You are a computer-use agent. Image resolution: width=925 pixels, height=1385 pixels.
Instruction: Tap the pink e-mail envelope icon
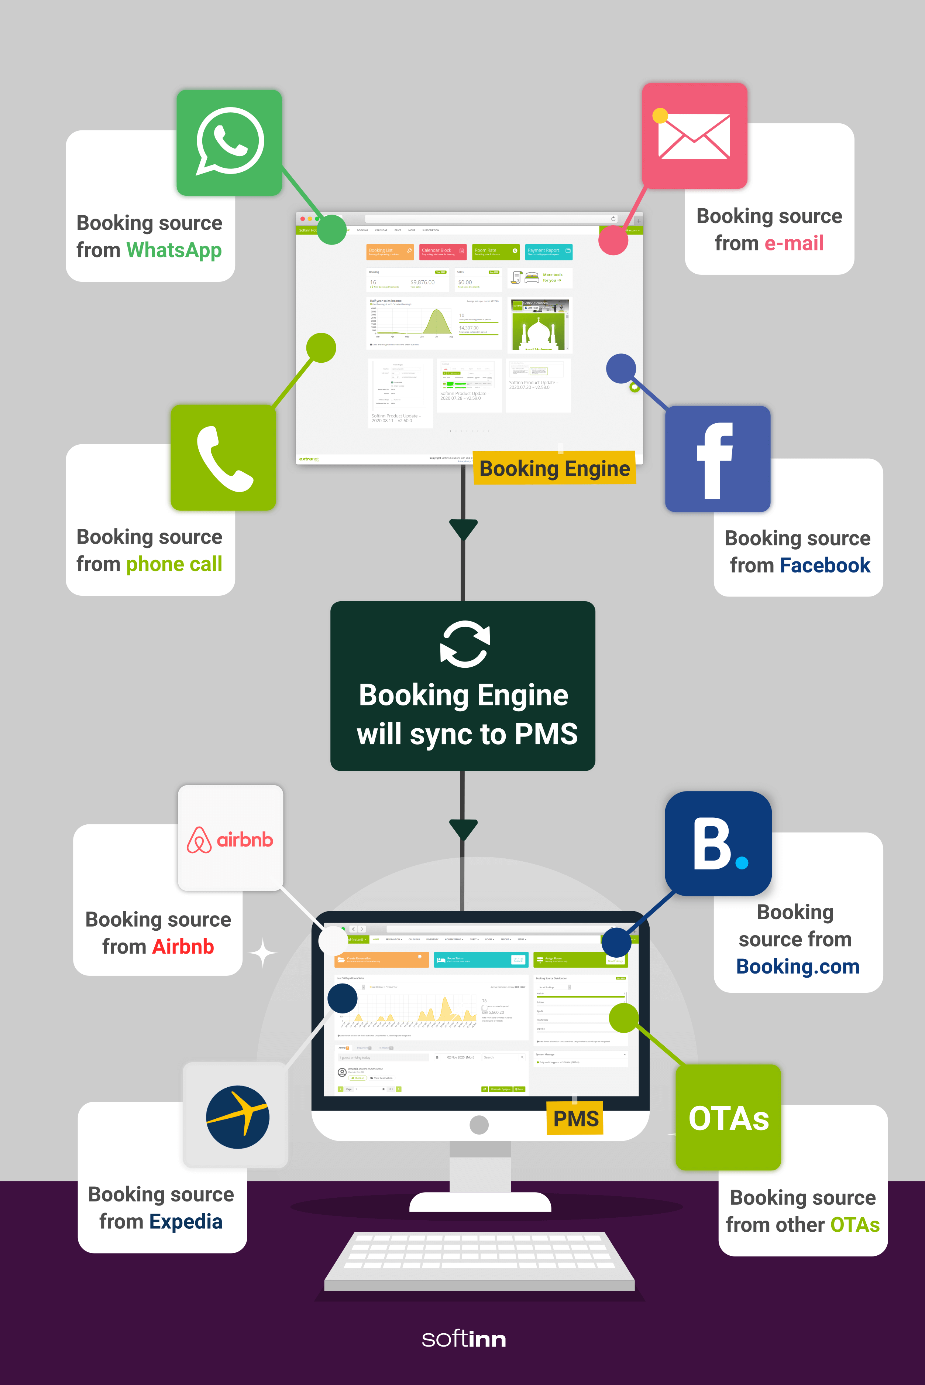694,135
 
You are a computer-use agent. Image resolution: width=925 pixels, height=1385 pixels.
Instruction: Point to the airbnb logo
230,838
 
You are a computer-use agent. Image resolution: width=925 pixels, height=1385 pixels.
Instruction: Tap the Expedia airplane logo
237,1116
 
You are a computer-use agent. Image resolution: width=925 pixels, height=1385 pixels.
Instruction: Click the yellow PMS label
575,1118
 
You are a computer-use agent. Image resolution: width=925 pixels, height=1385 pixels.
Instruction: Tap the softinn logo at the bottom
464,1339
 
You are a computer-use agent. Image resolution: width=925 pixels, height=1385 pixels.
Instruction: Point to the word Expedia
186,1221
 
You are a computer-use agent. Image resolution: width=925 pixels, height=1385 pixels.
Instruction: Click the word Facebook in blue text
825,565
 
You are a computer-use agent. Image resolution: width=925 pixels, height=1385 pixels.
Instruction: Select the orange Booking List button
390,252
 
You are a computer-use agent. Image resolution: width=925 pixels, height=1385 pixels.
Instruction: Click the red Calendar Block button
443,252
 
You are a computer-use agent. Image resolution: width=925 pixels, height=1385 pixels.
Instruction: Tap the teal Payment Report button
549,252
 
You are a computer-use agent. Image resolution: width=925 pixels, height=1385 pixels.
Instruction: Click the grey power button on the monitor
479,1125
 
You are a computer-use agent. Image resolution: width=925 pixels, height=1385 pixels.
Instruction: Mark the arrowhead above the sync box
463,528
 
